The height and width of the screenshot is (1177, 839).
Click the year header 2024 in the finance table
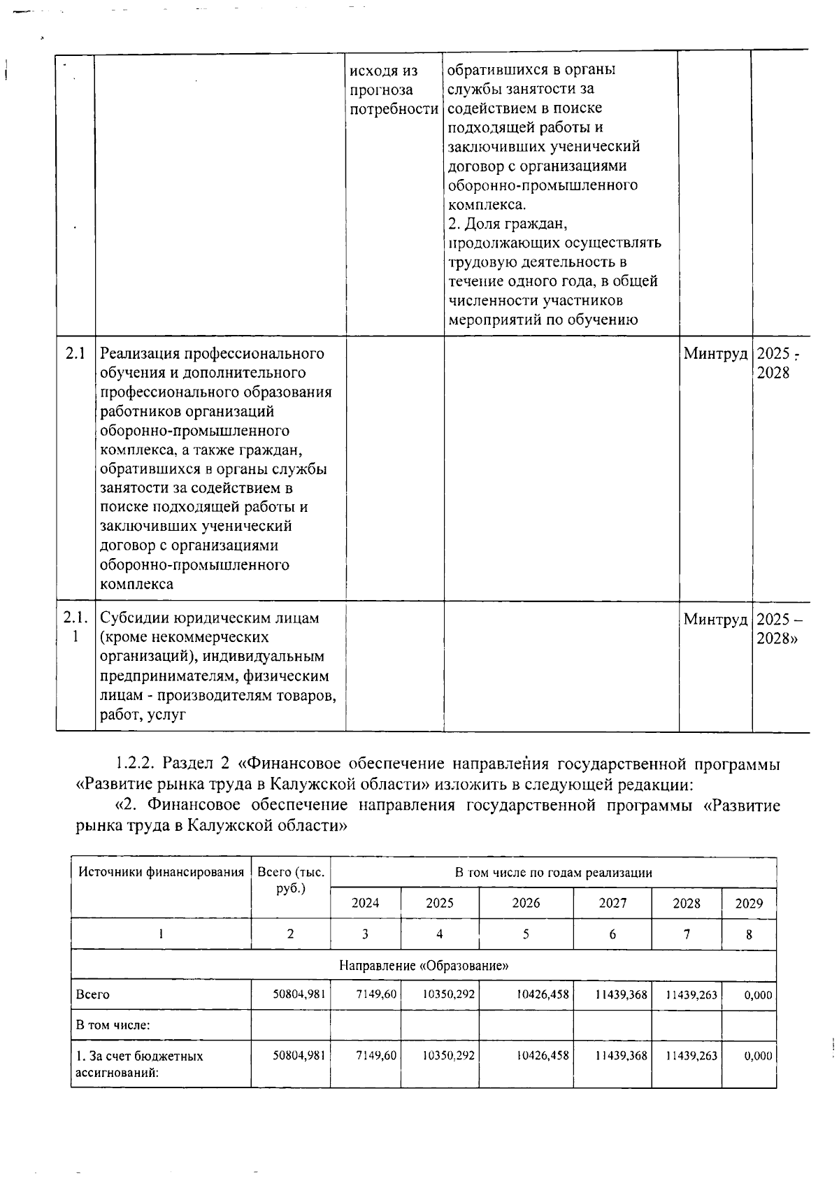tap(365, 903)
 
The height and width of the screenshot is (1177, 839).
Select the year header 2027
tap(612, 903)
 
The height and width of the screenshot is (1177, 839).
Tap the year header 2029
tap(749, 903)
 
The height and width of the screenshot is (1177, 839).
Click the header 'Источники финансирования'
tap(161, 872)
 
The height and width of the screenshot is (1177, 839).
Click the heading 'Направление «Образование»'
tap(424, 966)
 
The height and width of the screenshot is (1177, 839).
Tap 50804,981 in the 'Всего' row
tap(299, 994)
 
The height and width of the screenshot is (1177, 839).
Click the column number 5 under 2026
tap(526, 934)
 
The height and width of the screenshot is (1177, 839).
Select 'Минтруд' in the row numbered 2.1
tap(715, 354)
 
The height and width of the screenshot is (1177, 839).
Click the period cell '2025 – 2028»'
tap(779, 629)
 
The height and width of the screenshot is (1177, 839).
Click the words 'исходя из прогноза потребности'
tap(394, 90)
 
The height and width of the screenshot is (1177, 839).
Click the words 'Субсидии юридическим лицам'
tap(210, 618)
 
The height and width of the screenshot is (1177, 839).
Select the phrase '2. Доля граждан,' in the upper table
tap(507, 224)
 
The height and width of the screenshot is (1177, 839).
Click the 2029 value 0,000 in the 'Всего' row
tap(758, 994)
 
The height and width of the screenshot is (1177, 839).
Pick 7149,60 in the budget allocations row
tap(376, 1055)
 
